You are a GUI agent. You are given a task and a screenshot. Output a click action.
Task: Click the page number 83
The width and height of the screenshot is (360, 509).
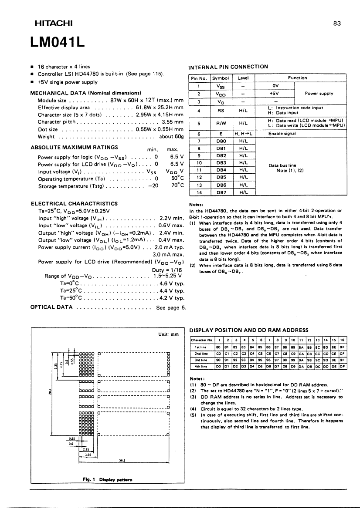pos(336,24)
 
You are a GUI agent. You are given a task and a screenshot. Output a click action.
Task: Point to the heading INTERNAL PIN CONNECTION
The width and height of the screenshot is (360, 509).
pos(228,67)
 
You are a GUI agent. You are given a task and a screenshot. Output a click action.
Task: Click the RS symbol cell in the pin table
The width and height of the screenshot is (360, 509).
pos(221,111)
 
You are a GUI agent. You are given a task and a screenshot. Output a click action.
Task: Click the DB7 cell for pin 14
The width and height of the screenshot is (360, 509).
pos(221,192)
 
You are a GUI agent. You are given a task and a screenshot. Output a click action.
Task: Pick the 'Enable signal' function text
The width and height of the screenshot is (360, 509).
pos(282,134)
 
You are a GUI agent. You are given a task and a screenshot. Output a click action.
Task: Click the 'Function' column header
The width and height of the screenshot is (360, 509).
pos(298,78)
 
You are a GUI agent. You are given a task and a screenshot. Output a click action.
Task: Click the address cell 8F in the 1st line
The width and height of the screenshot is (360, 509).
pos(342,347)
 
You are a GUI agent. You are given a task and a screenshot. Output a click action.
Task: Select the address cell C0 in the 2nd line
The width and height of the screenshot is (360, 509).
pos(218,354)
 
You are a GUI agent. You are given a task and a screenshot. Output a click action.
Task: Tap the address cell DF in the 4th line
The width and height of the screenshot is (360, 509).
pos(342,367)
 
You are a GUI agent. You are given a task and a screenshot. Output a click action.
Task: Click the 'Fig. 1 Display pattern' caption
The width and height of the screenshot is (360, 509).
pos(107,479)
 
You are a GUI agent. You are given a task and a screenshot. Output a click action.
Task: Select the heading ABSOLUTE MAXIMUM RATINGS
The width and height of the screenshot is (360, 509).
pos(74,147)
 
